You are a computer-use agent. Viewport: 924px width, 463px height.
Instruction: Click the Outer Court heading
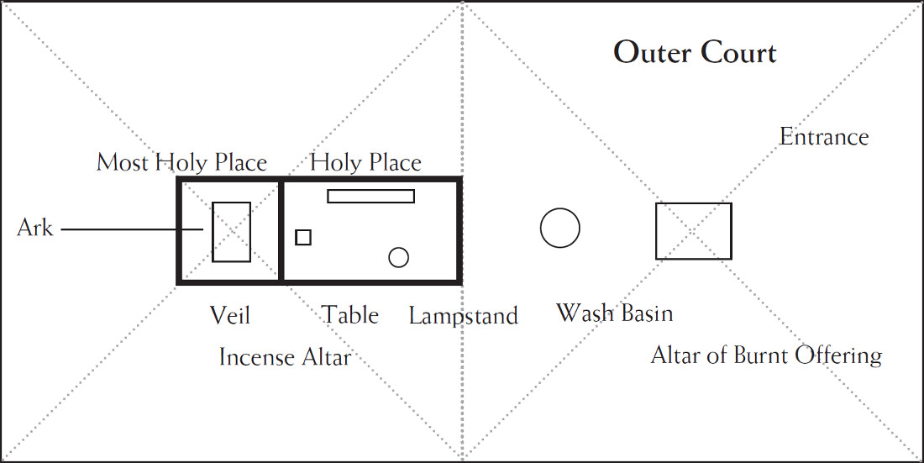pos(696,53)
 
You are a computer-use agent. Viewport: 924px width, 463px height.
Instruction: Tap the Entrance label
pos(824,137)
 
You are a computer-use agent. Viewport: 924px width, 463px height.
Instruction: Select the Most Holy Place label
pos(181,162)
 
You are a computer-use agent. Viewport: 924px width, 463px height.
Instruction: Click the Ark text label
pos(34,229)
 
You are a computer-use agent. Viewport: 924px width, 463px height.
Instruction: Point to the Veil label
pos(230,316)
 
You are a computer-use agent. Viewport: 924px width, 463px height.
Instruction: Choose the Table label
pos(350,315)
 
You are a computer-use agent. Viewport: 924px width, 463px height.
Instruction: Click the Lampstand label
pos(464,316)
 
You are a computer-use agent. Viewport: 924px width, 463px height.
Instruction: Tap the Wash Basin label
pos(615,313)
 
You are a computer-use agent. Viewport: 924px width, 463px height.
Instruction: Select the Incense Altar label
pos(286,357)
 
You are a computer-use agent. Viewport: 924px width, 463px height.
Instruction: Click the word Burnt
pos(761,355)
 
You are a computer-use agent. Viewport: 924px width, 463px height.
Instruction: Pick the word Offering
pos(838,356)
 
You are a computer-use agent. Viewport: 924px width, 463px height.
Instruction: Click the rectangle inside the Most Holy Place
pos(213,232)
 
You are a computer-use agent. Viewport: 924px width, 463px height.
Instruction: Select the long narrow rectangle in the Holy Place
pos(371,190)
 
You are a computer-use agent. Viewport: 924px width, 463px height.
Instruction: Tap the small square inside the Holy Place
pos(297,237)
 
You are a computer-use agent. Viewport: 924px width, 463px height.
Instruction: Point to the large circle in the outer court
pos(541,228)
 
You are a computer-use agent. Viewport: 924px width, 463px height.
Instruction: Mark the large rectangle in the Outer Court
pos(657,231)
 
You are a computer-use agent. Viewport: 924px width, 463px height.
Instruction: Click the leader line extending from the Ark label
pos(133,229)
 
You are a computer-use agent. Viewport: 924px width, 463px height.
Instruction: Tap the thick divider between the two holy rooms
pos(281,230)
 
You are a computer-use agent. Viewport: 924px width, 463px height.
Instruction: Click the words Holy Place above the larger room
pos(366,162)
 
